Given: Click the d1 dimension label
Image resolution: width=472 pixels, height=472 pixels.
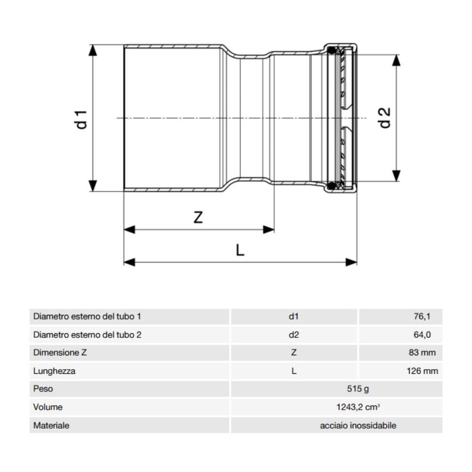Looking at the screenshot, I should (x=82, y=119).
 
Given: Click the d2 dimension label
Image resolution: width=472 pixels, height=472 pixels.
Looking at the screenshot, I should (x=385, y=117).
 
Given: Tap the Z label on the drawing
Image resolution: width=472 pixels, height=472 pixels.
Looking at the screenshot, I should (x=198, y=217).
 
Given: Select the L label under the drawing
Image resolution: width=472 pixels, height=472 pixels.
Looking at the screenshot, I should (x=240, y=250).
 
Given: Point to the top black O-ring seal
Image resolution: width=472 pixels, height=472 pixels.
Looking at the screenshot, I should (x=332, y=52).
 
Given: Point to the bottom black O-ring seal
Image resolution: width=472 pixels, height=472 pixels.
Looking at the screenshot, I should (x=332, y=185).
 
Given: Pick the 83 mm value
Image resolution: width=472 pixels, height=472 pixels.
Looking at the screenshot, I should (x=423, y=353).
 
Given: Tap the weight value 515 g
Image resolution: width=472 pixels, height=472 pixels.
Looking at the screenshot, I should (x=337, y=389).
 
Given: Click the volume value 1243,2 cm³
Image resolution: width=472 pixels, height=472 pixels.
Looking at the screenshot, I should (x=337, y=407).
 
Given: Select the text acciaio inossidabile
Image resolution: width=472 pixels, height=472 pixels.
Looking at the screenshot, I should (x=358, y=425).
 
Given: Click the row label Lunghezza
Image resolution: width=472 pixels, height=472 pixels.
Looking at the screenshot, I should (x=54, y=371).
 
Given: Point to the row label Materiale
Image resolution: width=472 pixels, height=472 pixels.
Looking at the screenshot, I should (x=51, y=425).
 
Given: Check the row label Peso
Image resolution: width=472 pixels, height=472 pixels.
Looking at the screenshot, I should (x=43, y=389).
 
